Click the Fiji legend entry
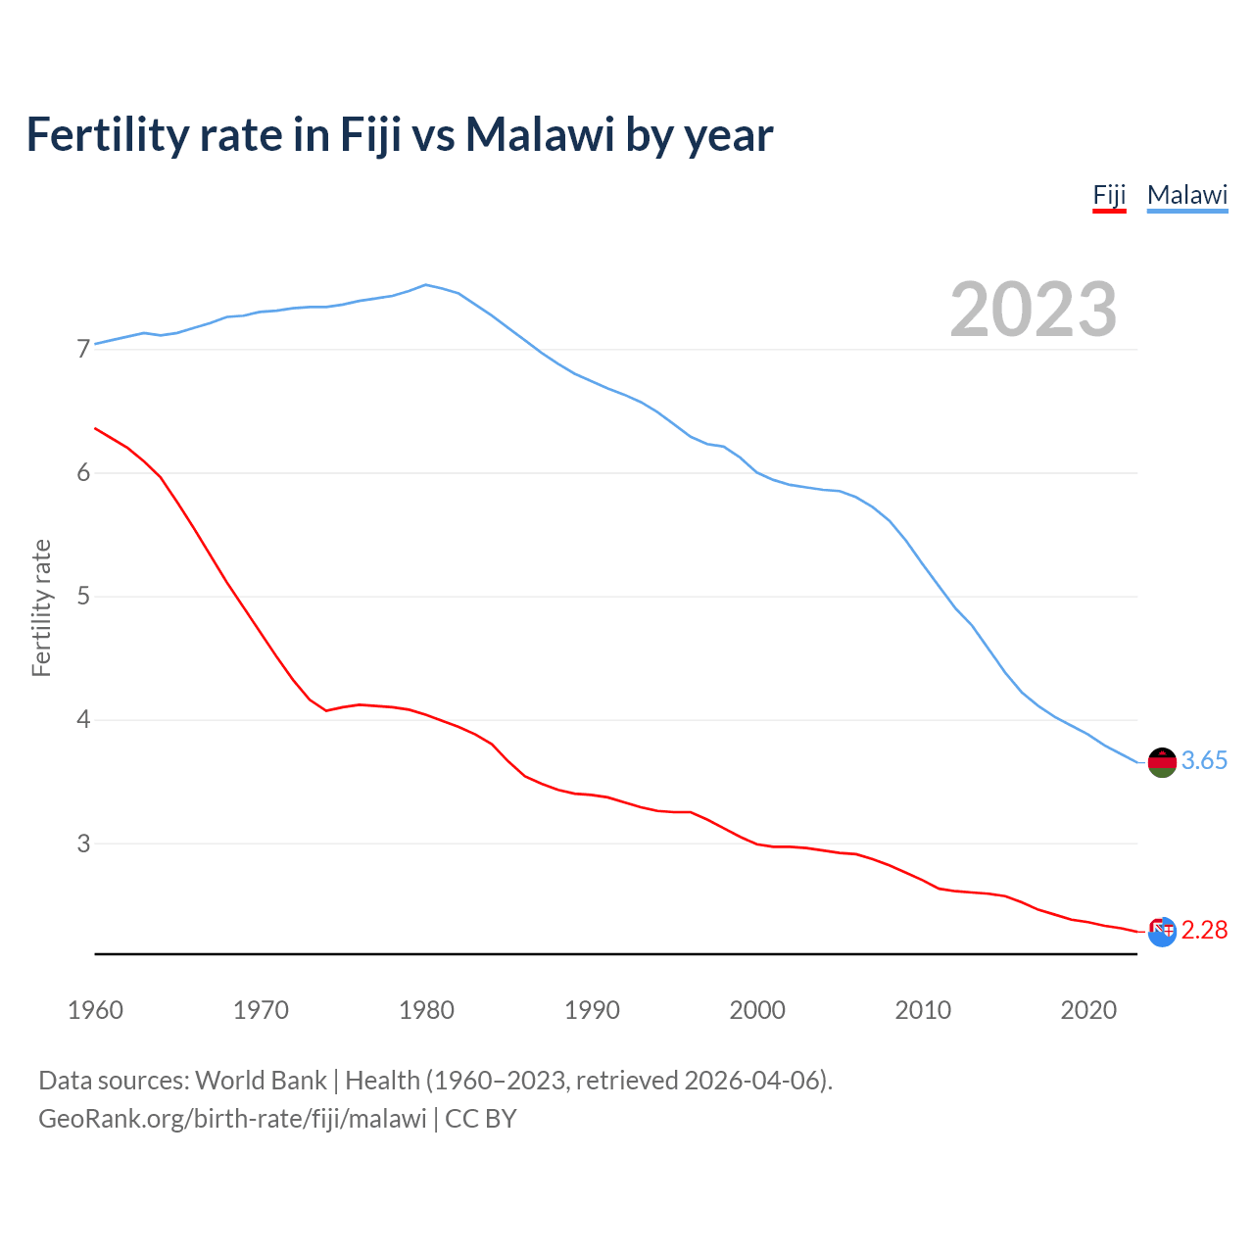click(x=1109, y=195)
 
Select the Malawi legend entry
click(x=1187, y=195)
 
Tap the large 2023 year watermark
click(x=1033, y=310)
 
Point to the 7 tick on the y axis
click(x=83, y=350)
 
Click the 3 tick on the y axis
click(x=83, y=844)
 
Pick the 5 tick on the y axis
click(x=83, y=597)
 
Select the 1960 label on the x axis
click(x=95, y=1010)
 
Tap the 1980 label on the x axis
click(x=426, y=1010)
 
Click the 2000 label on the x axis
click(x=757, y=1010)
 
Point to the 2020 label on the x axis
click(x=1088, y=1010)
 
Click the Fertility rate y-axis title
click(x=41, y=607)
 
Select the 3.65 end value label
click(x=1204, y=761)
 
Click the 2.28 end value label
click(x=1204, y=930)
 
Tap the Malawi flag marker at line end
click(x=1162, y=762)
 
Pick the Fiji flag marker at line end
click(x=1162, y=932)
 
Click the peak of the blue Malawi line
click(x=425, y=285)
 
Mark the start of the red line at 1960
click(x=95, y=428)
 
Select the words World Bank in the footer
click(x=261, y=1081)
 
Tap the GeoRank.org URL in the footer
click(x=232, y=1119)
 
